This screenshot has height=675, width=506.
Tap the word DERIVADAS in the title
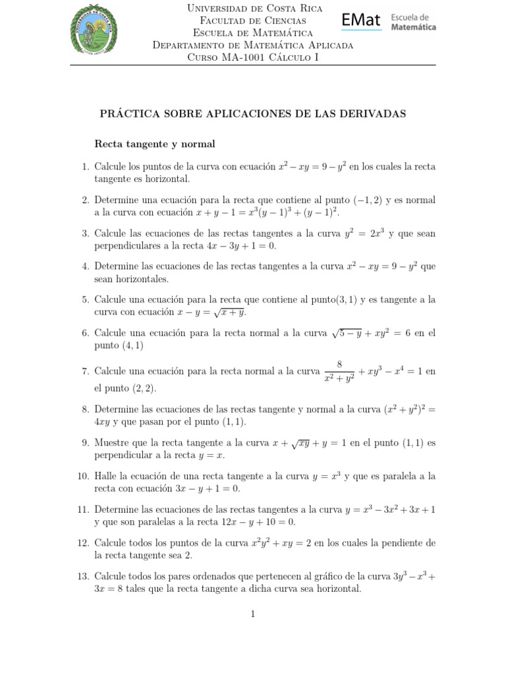click(x=374, y=113)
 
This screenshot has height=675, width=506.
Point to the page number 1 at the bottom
click(x=253, y=614)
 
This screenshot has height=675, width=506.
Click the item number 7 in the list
click(x=85, y=372)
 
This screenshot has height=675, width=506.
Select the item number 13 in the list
click(x=83, y=577)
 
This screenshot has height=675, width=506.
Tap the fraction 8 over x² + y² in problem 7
click(x=339, y=371)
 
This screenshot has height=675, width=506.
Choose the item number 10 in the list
click(x=83, y=475)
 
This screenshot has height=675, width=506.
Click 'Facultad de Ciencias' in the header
click(x=253, y=20)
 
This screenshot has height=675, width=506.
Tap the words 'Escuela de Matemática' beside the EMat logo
click(x=414, y=22)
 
